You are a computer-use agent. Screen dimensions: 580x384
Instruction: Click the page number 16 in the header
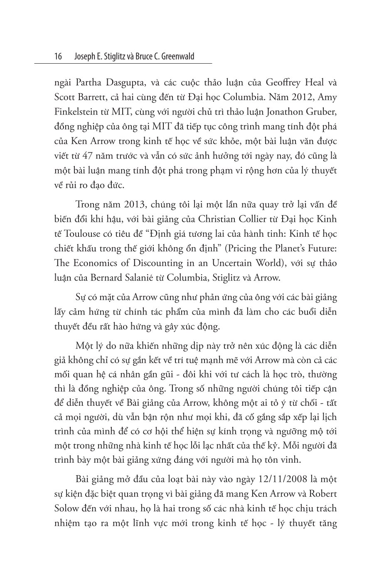tap(58, 56)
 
